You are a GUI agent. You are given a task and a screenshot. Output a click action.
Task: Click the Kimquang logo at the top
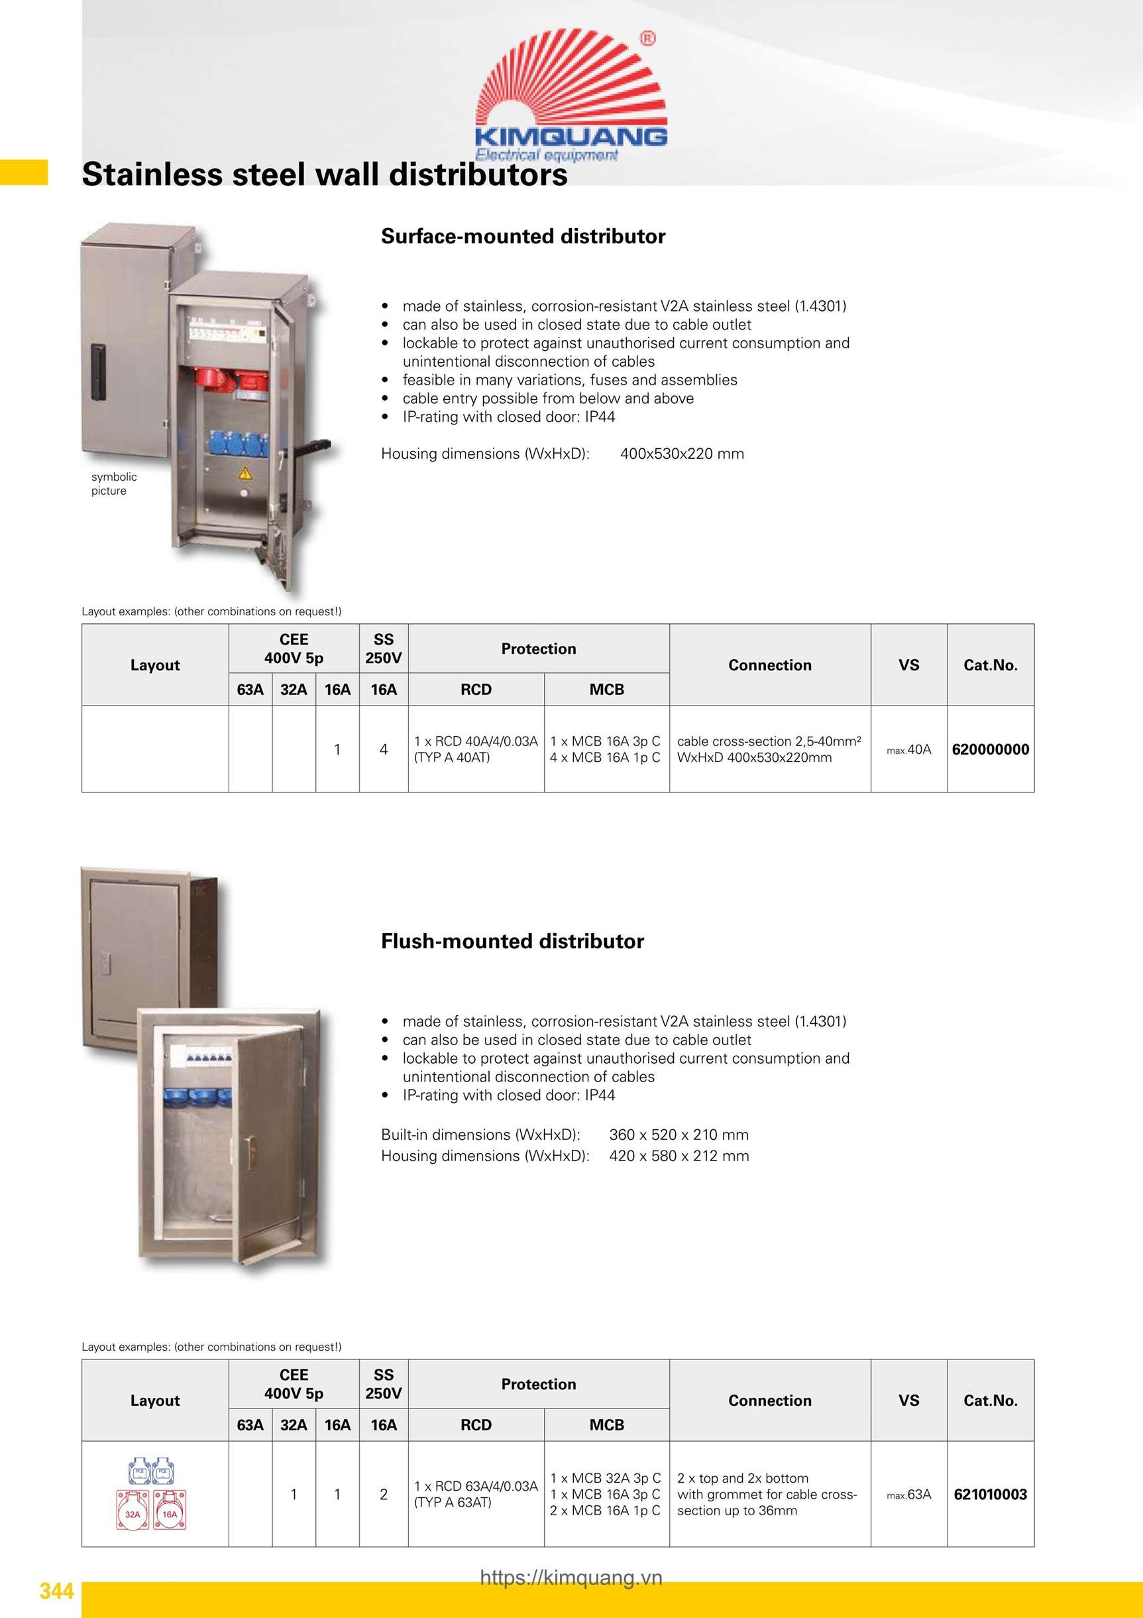[x=571, y=95]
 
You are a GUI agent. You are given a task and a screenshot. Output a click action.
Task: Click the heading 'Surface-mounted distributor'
[x=523, y=236]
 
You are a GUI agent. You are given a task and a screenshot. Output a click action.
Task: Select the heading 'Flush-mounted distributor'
[x=512, y=941]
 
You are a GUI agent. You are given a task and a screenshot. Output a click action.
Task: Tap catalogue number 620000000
[x=990, y=749]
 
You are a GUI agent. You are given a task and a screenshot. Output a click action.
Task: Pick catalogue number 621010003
[x=990, y=1494]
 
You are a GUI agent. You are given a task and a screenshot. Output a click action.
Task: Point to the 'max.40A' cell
[x=908, y=750]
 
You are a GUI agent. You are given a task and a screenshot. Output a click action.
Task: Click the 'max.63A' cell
[x=908, y=1494]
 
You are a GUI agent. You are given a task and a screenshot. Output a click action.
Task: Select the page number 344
[x=56, y=1591]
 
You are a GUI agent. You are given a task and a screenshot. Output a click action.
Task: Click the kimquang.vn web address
[x=571, y=1577]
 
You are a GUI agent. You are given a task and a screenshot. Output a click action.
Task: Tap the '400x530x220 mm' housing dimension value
[x=682, y=454]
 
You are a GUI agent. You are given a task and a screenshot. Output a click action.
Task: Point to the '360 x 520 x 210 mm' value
[x=679, y=1135]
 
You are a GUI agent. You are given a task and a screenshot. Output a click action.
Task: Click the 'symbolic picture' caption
[x=113, y=483]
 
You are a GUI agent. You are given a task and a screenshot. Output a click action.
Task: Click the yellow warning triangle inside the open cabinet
[x=245, y=473]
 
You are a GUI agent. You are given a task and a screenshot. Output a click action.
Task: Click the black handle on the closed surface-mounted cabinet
[x=98, y=371]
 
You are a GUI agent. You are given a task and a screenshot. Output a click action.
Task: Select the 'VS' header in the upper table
[x=908, y=664]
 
